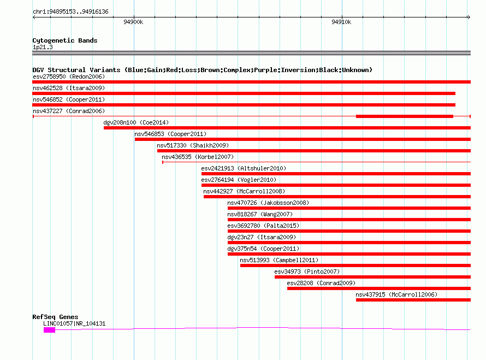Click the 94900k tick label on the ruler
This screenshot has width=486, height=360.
[133, 22]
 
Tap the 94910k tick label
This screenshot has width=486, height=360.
[341, 22]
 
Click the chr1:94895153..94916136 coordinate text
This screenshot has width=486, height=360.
[70, 11]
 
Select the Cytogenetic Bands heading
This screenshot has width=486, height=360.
[65, 40]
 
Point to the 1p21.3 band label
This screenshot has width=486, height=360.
[43, 47]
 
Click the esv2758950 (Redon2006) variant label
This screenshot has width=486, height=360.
[69, 76]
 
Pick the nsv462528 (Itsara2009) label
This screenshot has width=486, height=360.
[69, 88]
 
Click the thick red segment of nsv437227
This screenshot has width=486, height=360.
[405, 116]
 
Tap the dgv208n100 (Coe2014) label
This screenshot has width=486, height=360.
[136, 122]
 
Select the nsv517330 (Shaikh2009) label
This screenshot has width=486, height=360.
[193, 145]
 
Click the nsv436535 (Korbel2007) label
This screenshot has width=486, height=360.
[198, 157]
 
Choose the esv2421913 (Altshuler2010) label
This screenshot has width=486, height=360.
[244, 168]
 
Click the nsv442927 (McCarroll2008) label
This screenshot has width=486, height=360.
[244, 191]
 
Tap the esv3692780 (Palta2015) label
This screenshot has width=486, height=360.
[263, 226]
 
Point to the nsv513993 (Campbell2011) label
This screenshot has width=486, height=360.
[279, 260]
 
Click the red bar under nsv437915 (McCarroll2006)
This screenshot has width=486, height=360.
[413, 300]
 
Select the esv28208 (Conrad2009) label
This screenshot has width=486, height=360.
[321, 283]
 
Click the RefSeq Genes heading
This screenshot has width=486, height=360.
[56, 317]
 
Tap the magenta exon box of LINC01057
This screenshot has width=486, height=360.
[49, 331]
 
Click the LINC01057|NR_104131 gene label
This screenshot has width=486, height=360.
[74, 324]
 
